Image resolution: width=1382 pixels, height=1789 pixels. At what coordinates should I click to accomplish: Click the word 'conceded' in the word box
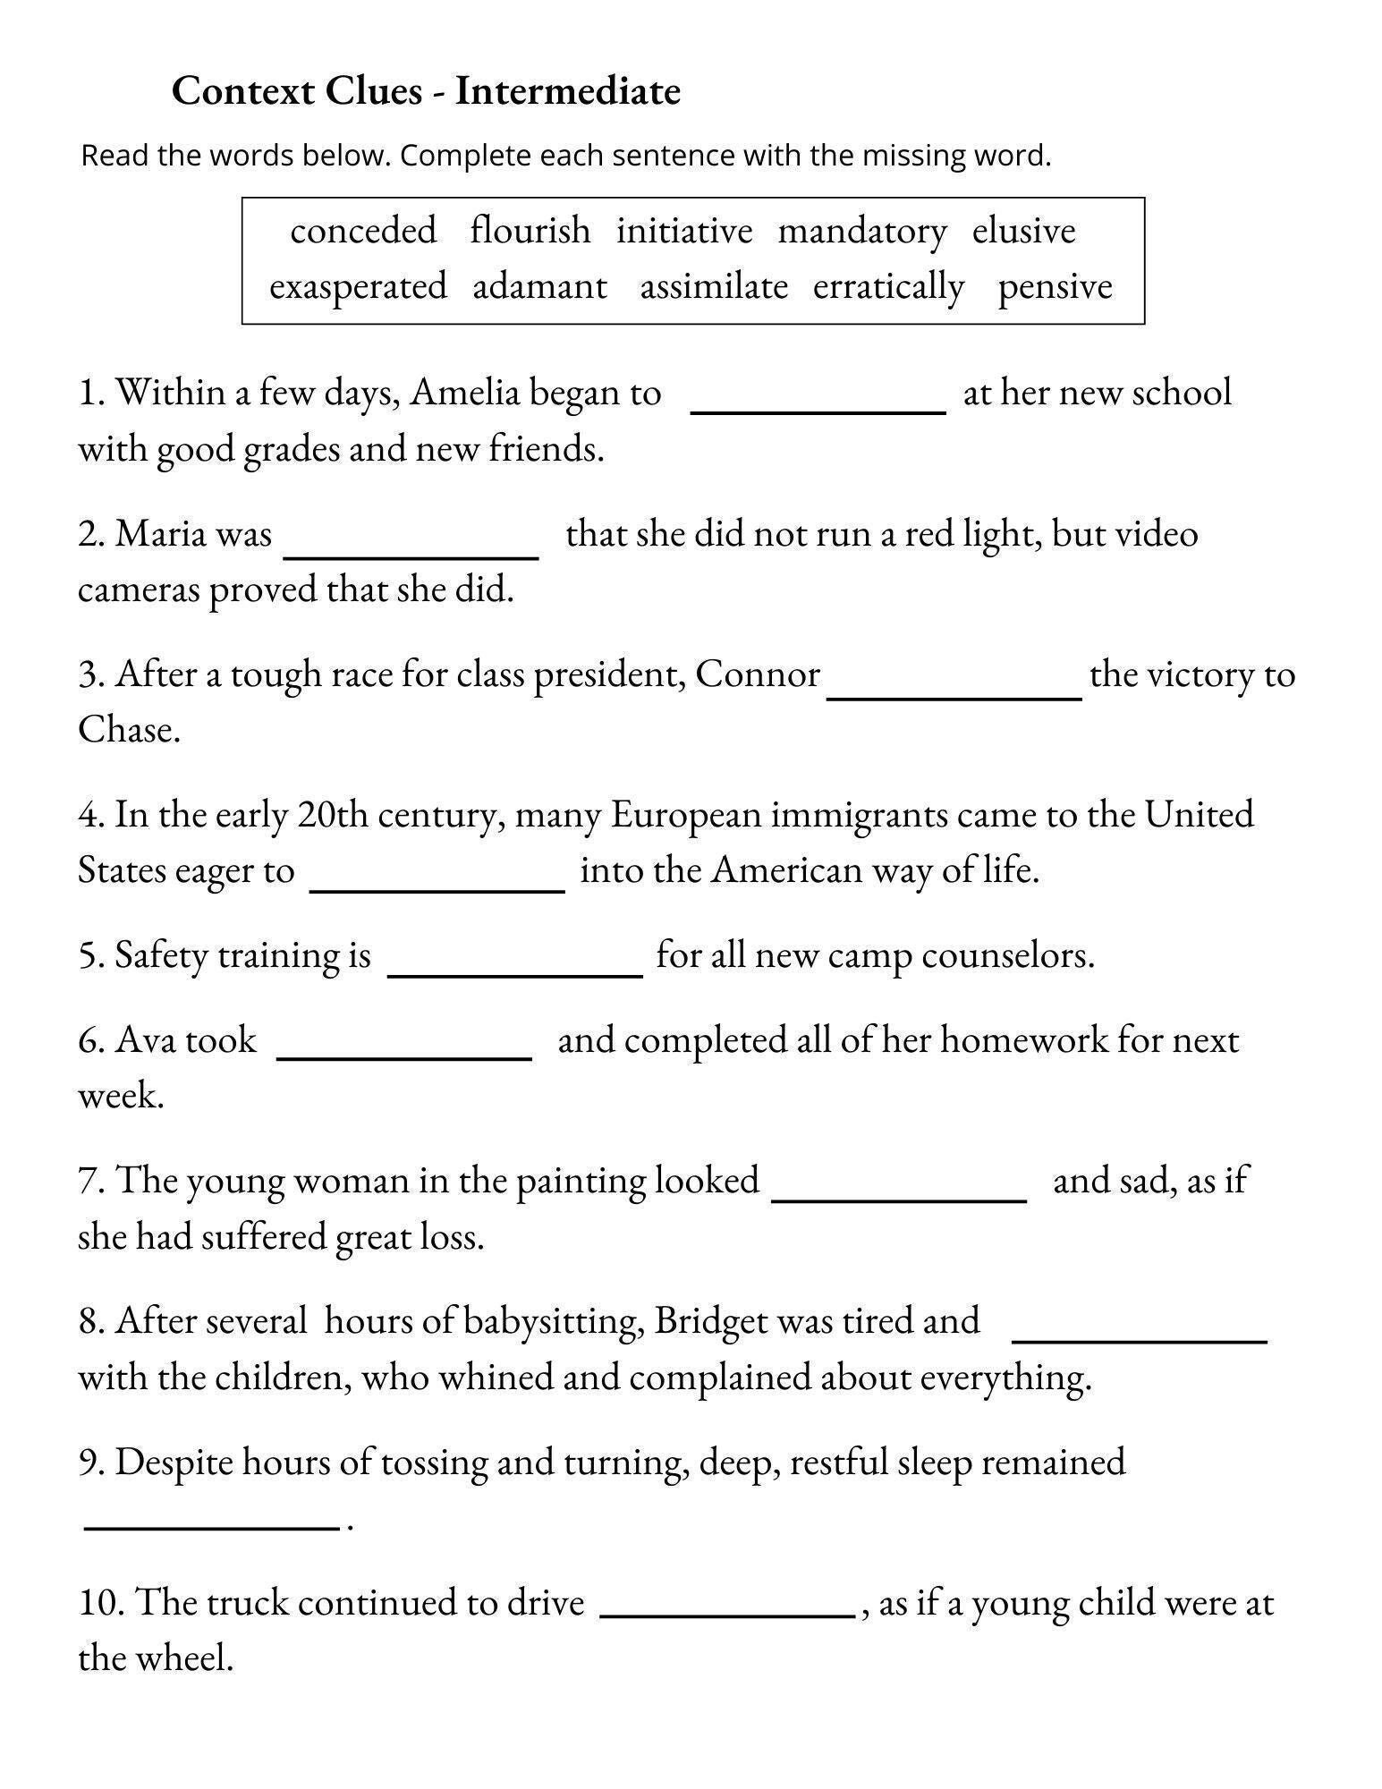363,232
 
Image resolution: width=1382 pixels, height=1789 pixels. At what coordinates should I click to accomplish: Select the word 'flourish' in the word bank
530,232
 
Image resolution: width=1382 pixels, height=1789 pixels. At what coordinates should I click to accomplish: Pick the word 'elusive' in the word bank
1023,232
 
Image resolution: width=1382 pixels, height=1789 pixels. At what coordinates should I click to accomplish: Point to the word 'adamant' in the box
539,287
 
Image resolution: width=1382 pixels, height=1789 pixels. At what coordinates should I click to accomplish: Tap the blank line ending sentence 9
212,1524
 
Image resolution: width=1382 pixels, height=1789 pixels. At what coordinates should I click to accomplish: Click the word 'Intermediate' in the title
567,91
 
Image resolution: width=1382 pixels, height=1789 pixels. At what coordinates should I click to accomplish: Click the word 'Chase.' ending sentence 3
129,730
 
